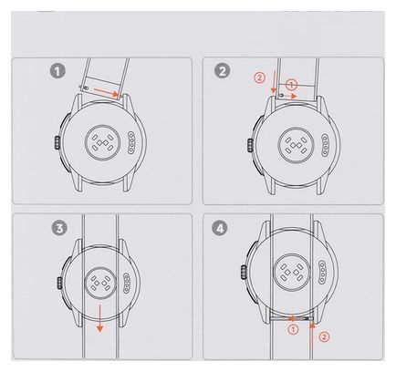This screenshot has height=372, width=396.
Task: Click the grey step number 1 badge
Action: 57,71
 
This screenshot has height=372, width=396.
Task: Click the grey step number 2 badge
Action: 222,71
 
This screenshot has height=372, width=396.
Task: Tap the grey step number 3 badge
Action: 59,228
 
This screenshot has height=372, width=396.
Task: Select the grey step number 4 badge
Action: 220,228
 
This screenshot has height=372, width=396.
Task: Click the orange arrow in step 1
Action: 106,92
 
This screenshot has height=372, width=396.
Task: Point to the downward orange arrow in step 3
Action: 99,319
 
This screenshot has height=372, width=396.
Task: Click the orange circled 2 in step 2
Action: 259,78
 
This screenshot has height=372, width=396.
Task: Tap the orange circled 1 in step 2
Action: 291,85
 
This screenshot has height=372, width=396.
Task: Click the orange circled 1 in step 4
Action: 293,329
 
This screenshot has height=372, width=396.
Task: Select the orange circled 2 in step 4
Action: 325,336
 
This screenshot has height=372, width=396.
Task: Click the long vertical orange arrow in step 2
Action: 274,82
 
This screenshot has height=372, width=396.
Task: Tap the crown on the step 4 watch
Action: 244,272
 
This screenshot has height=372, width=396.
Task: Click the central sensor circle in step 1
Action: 102,142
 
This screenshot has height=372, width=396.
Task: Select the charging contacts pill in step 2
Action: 326,145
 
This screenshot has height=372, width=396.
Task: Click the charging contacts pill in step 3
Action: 127,284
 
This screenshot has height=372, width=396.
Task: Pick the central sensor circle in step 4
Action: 292,272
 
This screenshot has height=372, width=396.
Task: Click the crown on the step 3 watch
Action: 60,283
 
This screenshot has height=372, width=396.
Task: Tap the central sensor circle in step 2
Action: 294,145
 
